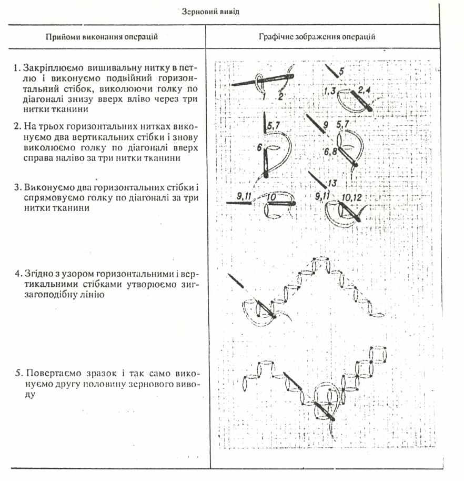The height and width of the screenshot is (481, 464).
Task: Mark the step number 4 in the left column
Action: click(17, 274)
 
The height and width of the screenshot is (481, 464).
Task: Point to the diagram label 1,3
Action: click(331, 92)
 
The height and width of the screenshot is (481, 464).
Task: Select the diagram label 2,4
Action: click(365, 90)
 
